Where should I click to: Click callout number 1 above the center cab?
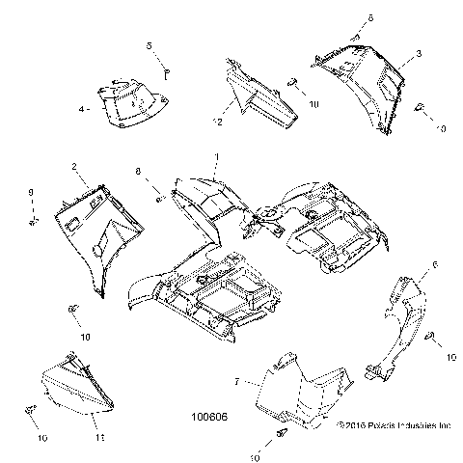pyautogui.click(x=216, y=156)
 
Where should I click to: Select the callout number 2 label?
pyautogui.click(x=73, y=168)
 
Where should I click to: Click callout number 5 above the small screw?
pyautogui.click(x=150, y=46)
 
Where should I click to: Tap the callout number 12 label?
pyautogui.click(x=218, y=123)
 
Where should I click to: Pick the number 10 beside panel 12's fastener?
pyautogui.click(x=313, y=103)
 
